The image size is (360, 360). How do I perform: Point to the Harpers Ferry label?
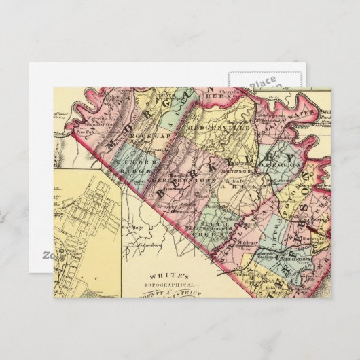pyautogui.click(x=314, y=236)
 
